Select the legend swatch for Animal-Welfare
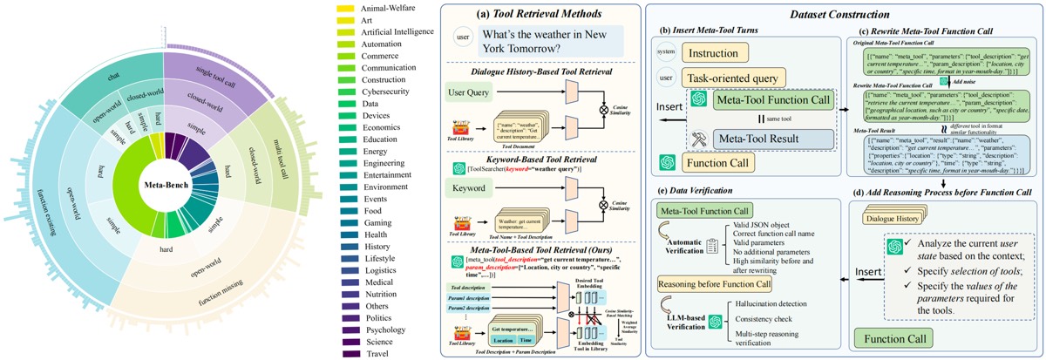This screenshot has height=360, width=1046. (x=344, y=9)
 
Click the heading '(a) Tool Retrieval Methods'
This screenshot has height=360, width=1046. (x=541, y=13)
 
